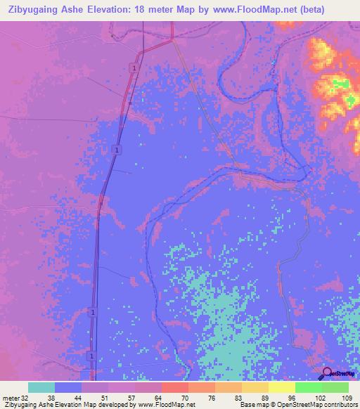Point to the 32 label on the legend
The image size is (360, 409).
click(25, 397)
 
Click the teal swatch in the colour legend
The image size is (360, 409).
click(41, 387)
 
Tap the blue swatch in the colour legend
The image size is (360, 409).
click(68, 387)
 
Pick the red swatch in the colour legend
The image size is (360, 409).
click(175, 387)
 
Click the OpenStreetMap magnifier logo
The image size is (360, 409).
click(327, 373)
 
